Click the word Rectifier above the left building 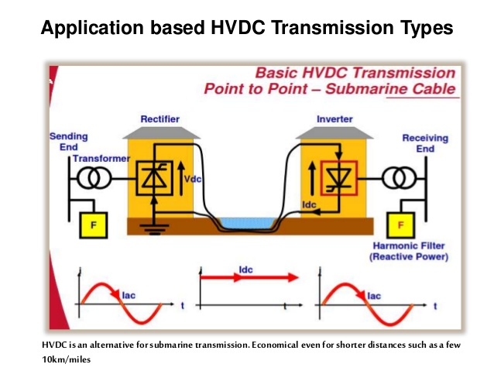(x=160, y=119)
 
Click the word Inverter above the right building (x=334, y=119)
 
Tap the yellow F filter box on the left (x=94, y=225)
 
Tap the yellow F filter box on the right (x=400, y=225)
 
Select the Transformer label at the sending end (x=101, y=158)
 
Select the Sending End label (x=69, y=142)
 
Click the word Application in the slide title (x=85, y=29)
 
